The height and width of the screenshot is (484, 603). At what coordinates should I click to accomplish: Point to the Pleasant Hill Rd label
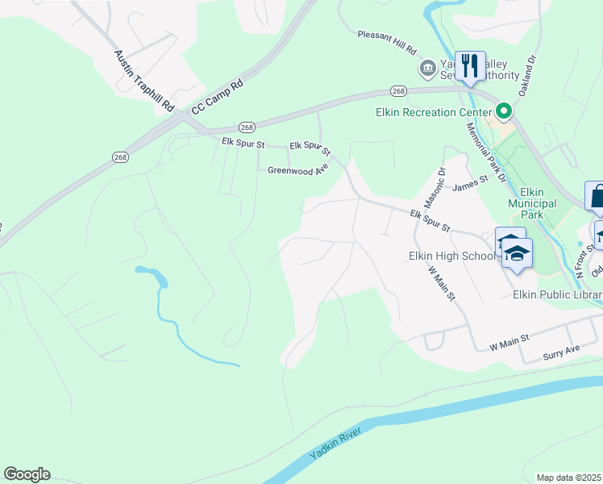[x=388, y=42]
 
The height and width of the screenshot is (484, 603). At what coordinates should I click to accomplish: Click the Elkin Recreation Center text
[x=434, y=112]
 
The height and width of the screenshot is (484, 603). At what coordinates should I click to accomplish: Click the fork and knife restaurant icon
[x=470, y=65]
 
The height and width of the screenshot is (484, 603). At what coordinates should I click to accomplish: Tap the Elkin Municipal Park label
[x=532, y=198]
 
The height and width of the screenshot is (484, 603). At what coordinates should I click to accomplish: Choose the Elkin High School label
[x=451, y=256]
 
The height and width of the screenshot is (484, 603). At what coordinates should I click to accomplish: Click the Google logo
[x=27, y=474]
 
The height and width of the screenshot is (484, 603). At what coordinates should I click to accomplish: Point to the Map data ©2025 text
[x=568, y=478]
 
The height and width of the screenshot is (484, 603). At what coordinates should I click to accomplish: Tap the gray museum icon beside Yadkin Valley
[x=426, y=69]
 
